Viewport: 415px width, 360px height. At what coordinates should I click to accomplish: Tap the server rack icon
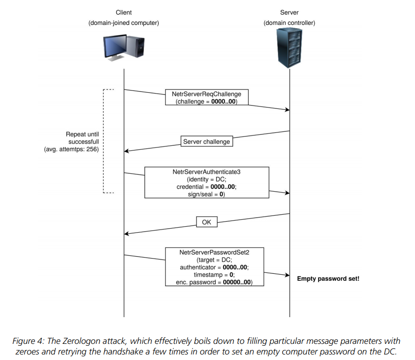click(x=289, y=48)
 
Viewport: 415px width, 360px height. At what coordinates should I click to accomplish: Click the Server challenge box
click(x=206, y=142)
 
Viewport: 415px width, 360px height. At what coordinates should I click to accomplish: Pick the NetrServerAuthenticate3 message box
click(x=207, y=183)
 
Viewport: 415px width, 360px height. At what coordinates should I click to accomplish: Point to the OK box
click(x=207, y=222)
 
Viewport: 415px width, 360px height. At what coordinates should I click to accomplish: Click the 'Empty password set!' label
click(x=328, y=279)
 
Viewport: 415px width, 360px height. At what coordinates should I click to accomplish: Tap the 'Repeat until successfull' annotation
click(x=83, y=138)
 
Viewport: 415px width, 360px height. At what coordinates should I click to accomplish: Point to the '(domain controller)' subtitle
click(x=289, y=23)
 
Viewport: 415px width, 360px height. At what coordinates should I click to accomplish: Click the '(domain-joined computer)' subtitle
click(x=124, y=23)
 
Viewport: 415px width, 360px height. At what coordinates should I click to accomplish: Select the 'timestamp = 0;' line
click(x=215, y=275)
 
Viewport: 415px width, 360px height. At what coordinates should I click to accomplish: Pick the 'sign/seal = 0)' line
click(x=207, y=194)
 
